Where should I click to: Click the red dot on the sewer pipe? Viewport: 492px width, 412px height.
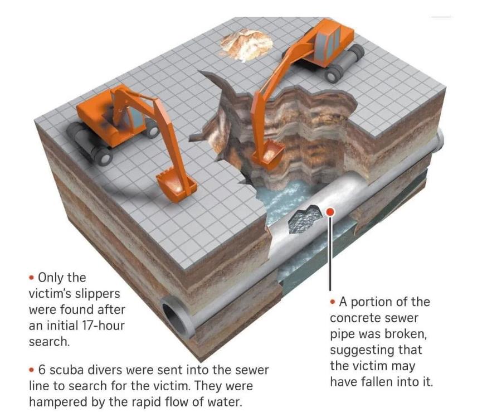(x=330, y=212)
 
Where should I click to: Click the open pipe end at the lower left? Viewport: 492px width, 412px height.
(x=175, y=317)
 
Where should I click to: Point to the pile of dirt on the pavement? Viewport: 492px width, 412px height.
(x=246, y=44)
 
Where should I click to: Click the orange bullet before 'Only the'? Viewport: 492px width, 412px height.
(x=31, y=278)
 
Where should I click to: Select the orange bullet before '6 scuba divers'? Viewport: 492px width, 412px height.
(x=31, y=370)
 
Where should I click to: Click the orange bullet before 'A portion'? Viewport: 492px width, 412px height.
(x=333, y=302)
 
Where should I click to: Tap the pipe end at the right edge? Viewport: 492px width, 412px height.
(x=439, y=139)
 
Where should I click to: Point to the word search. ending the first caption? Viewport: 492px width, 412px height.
(x=49, y=341)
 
